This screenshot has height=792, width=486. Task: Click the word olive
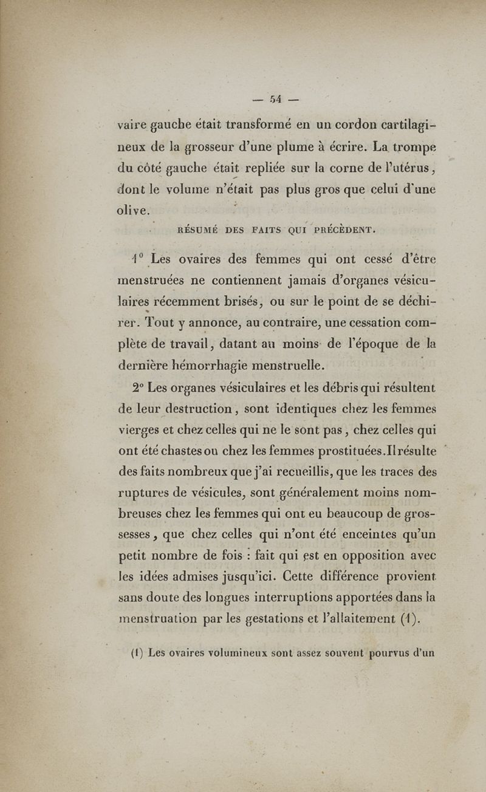(132, 211)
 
